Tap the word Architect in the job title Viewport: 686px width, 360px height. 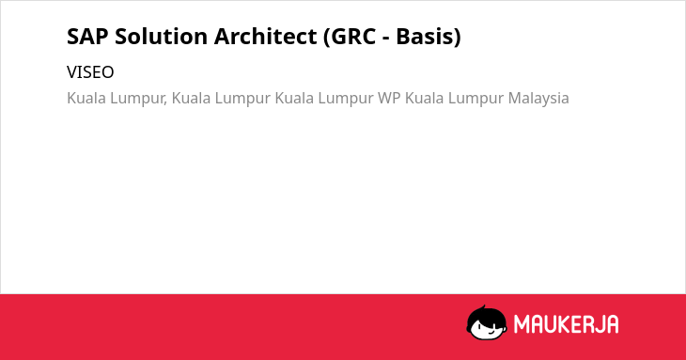tap(266, 37)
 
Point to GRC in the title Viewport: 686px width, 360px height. tap(353, 37)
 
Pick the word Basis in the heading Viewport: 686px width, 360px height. tap(425, 37)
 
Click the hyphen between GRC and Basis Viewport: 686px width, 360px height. tap(386, 39)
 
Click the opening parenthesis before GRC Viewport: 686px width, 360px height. tap(327, 38)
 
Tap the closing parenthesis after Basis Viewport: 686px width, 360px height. tap(458, 38)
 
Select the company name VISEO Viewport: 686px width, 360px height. tap(90, 72)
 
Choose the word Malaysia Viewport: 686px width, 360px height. tap(538, 99)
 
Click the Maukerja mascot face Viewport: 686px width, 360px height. tap(487, 323)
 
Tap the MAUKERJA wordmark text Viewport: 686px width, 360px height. tap(566, 324)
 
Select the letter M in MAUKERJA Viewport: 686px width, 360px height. tap(522, 324)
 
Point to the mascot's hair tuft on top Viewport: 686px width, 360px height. tap(484, 307)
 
